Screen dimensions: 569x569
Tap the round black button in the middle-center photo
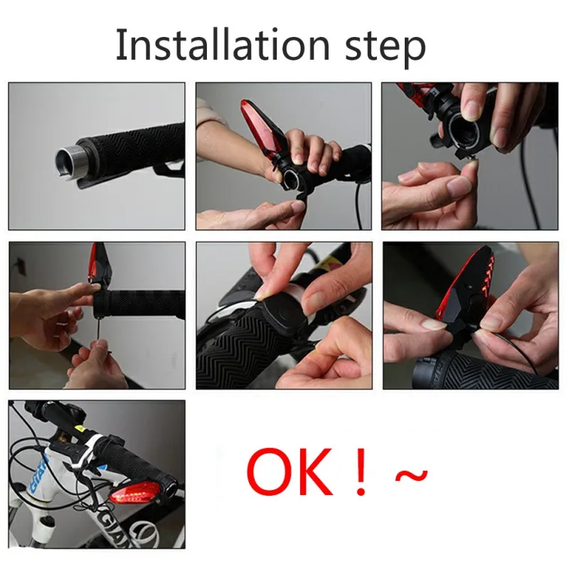[280, 312]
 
